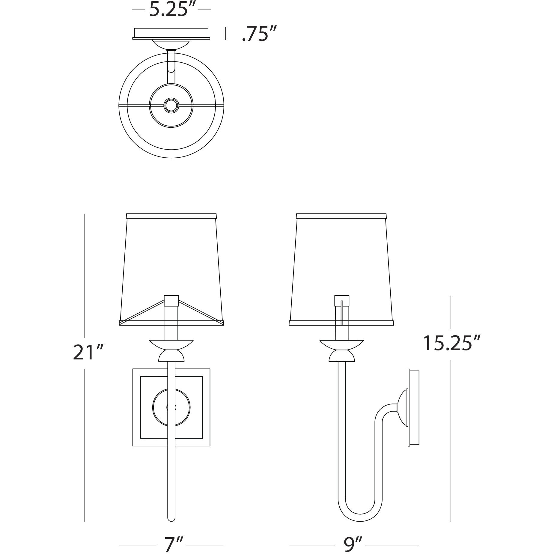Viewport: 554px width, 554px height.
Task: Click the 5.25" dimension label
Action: [x=172, y=10]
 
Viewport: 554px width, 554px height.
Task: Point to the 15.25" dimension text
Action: [x=451, y=343]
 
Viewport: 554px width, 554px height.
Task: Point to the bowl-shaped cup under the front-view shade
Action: [x=171, y=344]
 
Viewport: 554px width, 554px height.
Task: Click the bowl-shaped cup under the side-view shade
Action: [x=341, y=344]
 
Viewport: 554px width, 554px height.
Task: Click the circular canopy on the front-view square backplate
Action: [x=171, y=407]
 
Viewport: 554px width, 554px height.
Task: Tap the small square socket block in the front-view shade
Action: [x=171, y=300]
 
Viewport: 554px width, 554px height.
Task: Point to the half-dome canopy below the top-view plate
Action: [x=171, y=44]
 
